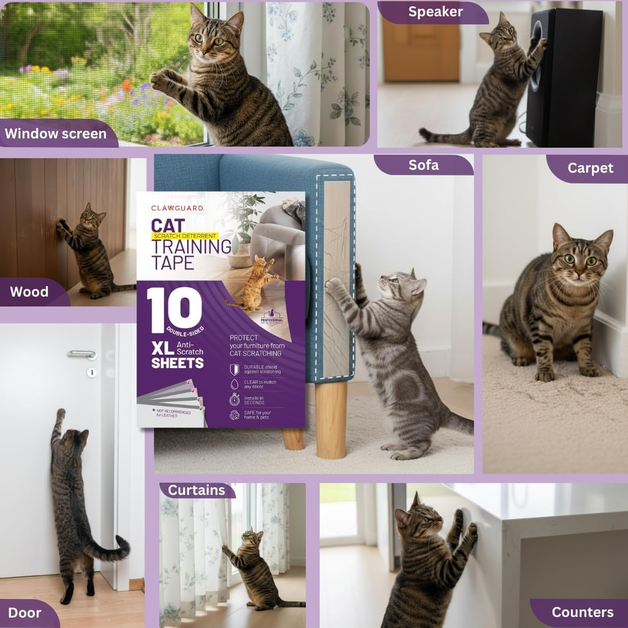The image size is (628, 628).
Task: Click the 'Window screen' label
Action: pos(56,134)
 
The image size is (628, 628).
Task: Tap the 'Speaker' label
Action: pos(435,12)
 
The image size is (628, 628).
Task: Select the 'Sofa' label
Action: pos(423,165)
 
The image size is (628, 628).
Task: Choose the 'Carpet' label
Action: pos(590,169)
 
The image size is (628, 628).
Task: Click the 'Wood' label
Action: pos(29,292)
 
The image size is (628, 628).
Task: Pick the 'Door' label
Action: pos(24,613)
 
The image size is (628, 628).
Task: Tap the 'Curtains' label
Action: pos(197,490)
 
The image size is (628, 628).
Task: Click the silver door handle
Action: pos(81,353)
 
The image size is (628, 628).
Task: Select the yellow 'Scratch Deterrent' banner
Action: pos(185,237)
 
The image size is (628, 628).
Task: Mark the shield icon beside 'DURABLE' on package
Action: pos(234,369)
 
